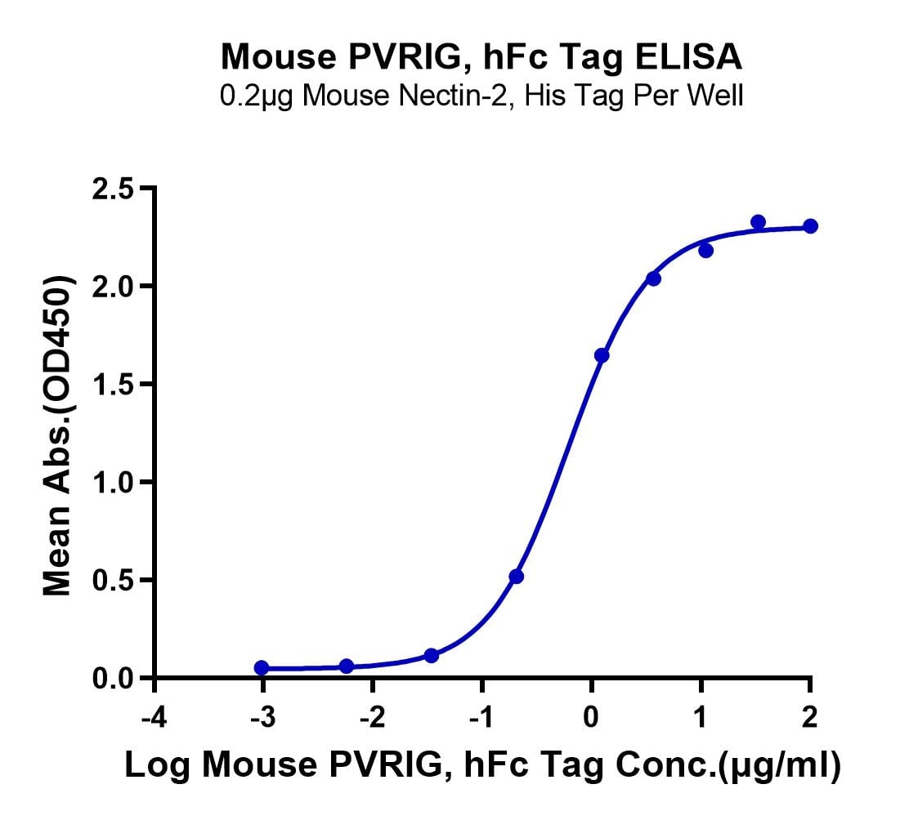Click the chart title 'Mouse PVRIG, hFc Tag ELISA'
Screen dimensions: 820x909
point(482,58)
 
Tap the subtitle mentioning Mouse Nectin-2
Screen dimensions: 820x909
point(482,96)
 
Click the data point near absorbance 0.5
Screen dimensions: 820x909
point(516,577)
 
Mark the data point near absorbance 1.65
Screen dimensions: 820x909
point(602,355)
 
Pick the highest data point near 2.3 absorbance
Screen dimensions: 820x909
point(758,222)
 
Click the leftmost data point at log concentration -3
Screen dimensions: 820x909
point(262,668)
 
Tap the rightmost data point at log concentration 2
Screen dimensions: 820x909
point(810,226)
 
